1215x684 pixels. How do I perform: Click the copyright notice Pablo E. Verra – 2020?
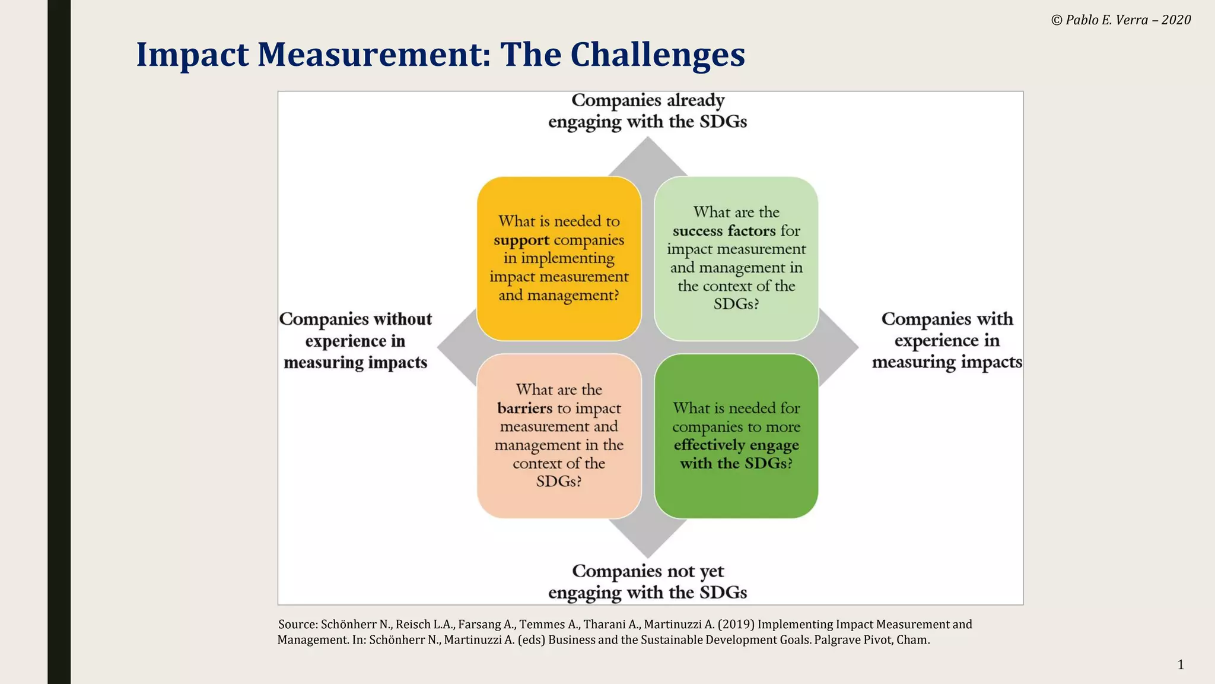click(x=1121, y=20)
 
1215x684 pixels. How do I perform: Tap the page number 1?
click(x=1181, y=664)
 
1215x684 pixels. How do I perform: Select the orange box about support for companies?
click(x=559, y=258)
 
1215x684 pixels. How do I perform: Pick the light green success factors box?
click(x=736, y=258)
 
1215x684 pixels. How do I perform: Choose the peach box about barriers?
click(x=559, y=436)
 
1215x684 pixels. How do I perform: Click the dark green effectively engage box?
click(x=736, y=436)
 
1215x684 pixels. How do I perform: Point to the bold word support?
click(x=521, y=240)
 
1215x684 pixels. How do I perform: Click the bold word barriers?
click(x=525, y=408)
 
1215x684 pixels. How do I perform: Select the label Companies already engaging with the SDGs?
click(x=647, y=111)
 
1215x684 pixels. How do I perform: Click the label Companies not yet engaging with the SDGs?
click(x=647, y=581)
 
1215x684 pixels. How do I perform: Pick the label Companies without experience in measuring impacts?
click(x=355, y=341)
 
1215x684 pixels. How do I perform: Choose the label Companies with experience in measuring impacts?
click(x=947, y=340)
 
